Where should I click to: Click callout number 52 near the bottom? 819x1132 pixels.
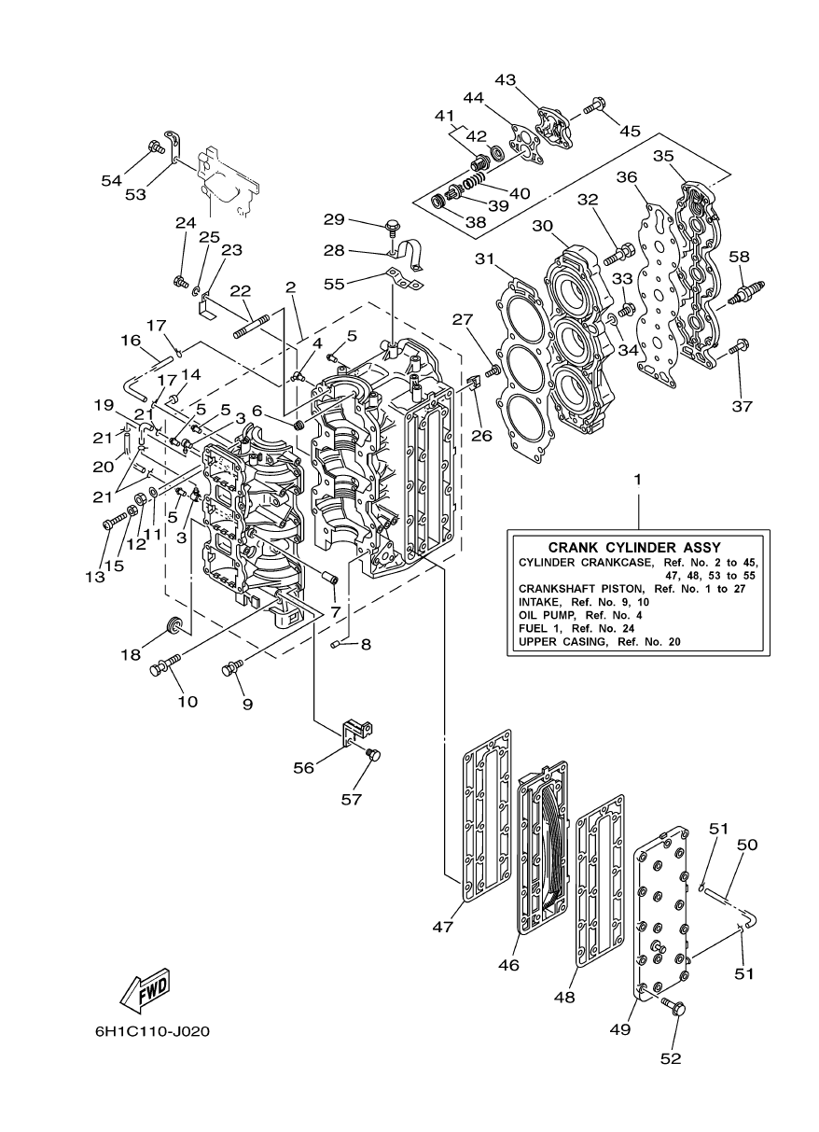point(671,1057)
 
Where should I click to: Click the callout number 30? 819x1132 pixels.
point(543,225)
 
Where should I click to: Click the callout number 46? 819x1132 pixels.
point(508,965)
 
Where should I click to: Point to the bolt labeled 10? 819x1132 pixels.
point(165,664)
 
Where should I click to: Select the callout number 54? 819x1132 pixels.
point(113,180)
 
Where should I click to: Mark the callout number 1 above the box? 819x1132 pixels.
point(638,479)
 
